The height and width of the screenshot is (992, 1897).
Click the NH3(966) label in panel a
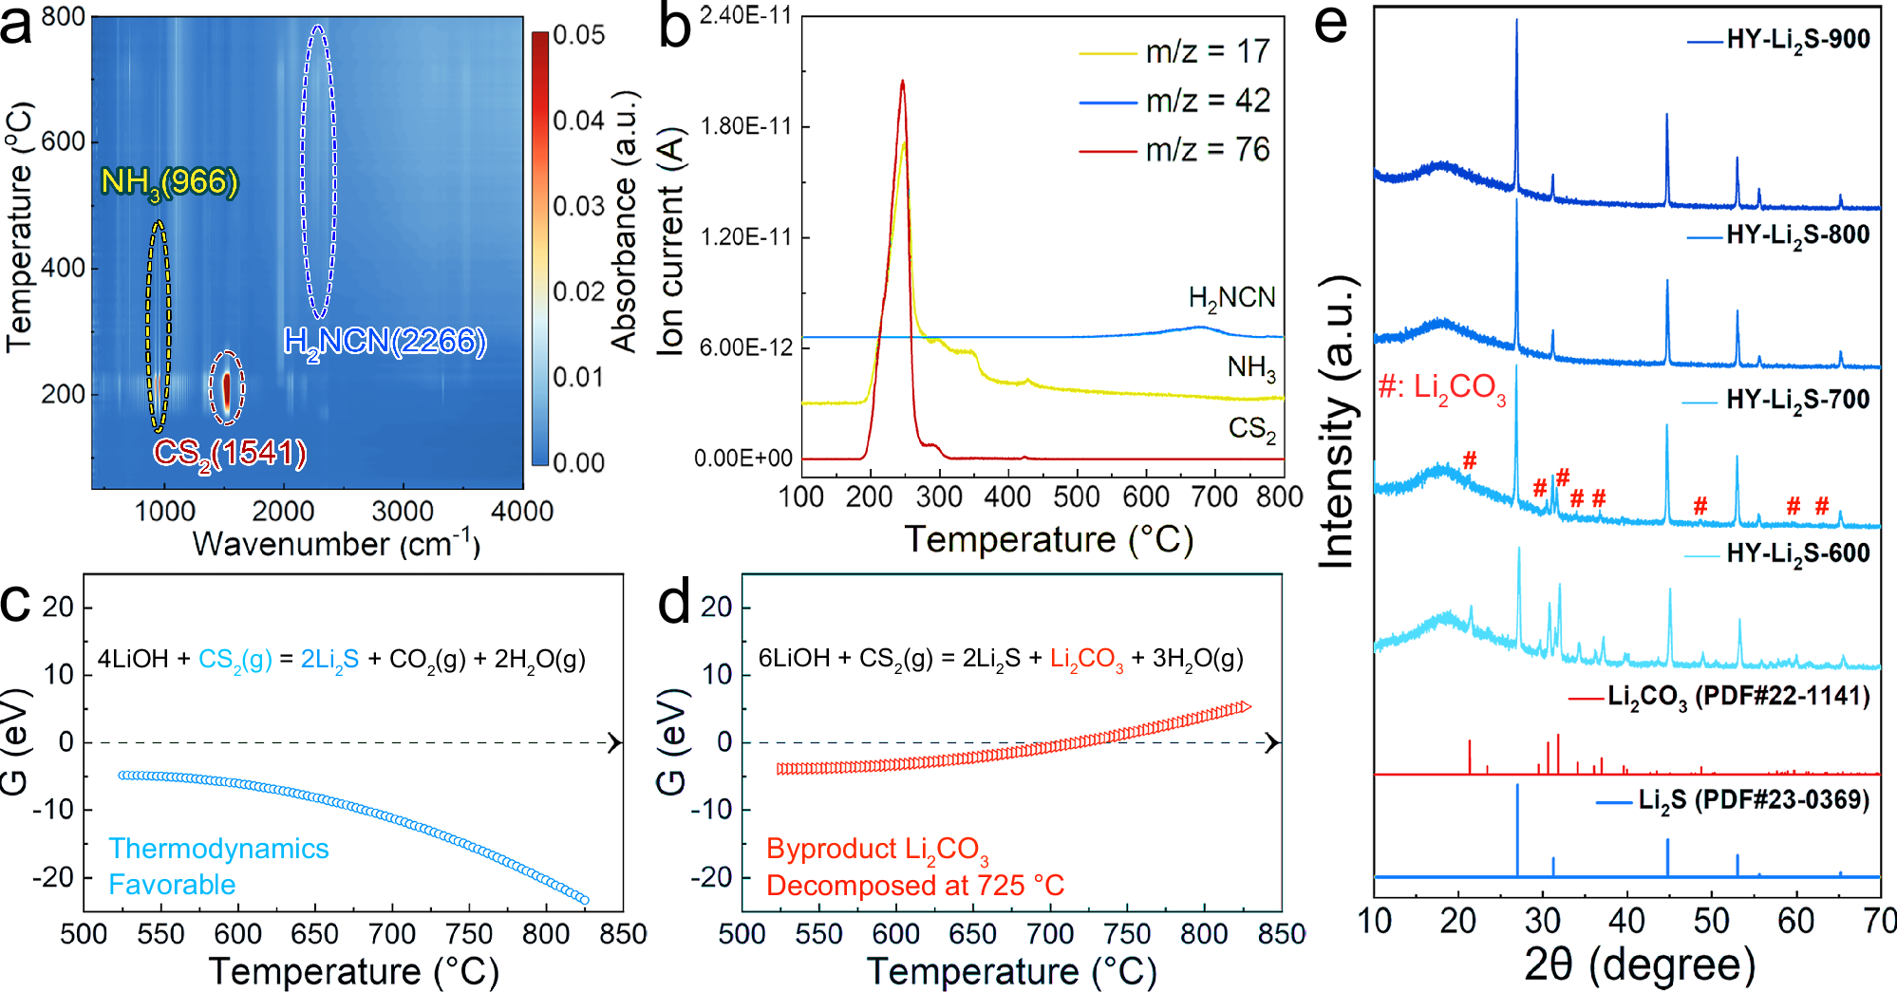tap(169, 181)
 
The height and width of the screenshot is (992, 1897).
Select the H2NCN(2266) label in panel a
tap(385, 342)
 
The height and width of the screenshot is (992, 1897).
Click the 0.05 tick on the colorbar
tap(578, 36)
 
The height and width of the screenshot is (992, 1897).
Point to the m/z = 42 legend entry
tap(1207, 101)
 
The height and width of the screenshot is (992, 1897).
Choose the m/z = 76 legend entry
tap(1207, 150)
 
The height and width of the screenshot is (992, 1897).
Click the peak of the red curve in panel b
tap(902, 83)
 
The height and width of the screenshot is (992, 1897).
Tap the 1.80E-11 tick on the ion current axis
tap(745, 126)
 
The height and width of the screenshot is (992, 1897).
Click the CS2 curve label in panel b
tap(1251, 429)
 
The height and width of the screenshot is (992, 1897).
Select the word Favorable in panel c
tap(172, 885)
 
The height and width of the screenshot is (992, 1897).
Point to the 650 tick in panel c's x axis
tap(314, 934)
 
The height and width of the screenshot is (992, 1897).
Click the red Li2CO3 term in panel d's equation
tap(1086, 659)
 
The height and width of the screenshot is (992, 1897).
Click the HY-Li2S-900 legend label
tap(1797, 40)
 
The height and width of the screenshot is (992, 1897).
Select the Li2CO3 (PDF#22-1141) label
tap(1738, 697)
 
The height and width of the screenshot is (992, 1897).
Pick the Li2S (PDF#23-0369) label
tap(1753, 800)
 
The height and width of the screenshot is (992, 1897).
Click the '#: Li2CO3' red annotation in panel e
tap(1441, 387)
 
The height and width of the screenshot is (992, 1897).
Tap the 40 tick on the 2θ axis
tap(1626, 921)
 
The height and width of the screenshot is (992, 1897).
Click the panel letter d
tap(675, 602)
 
